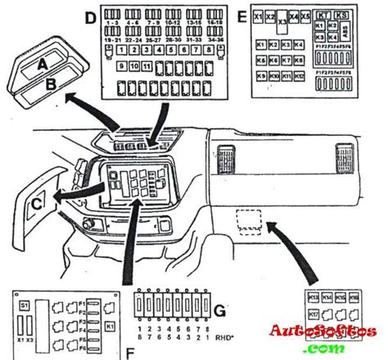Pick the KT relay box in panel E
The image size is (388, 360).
click(324, 15)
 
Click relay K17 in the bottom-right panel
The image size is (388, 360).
click(314, 312)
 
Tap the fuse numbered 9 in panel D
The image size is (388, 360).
click(122, 65)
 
